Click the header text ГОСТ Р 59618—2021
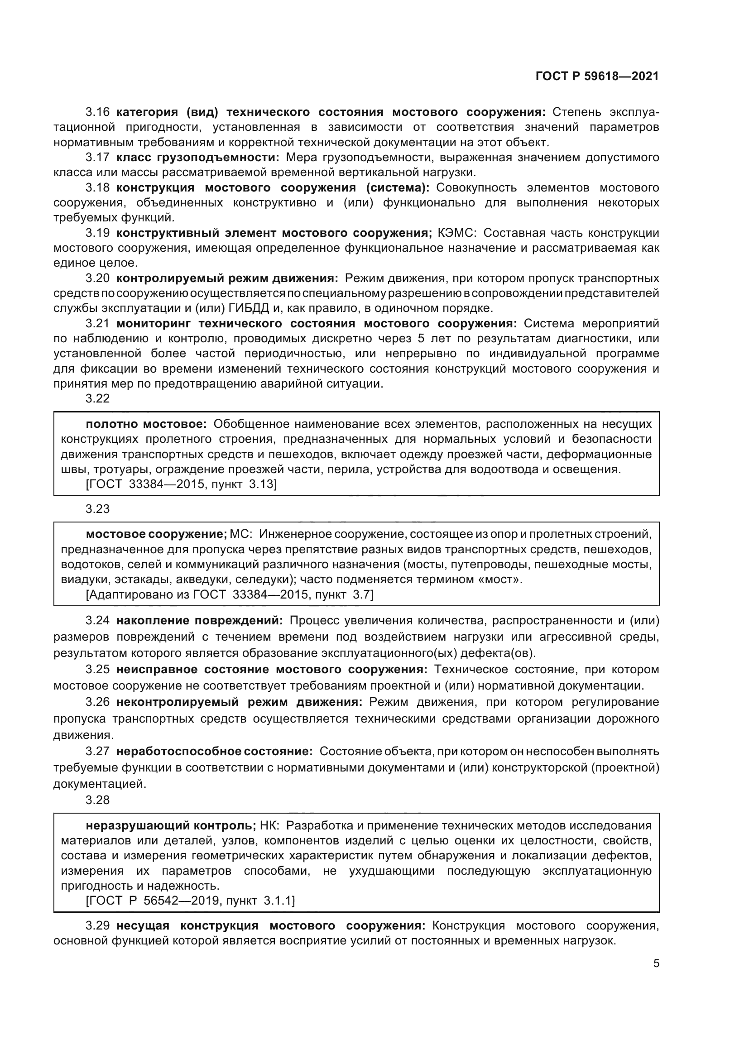(597, 76)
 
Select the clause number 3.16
(97, 112)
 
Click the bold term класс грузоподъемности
(197, 157)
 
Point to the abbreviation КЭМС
(456, 233)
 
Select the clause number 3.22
(97, 398)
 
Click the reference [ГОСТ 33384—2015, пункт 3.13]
(181, 484)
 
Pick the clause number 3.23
(97, 509)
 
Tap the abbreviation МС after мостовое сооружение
(240, 534)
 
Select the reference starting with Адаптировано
(229, 594)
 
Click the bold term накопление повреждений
(199, 621)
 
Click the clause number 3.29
(97, 926)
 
